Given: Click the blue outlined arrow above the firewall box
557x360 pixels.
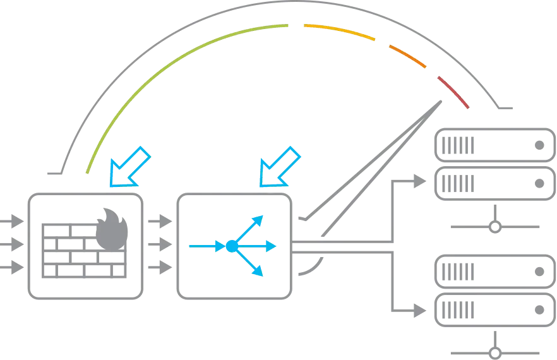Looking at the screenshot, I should pyautogui.click(x=129, y=168).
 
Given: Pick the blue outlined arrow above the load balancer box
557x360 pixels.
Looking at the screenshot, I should pyautogui.click(x=278, y=167).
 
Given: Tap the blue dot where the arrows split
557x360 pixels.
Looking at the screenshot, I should pyautogui.click(x=231, y=245).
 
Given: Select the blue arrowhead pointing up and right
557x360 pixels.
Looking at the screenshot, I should pyautogui.click(x=259, y=219).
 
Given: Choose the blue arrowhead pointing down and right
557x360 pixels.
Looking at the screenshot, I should pyautogui.click(x=258, y=272).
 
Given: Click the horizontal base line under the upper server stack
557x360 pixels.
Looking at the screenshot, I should pyautogui.click(x=495, y=226).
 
